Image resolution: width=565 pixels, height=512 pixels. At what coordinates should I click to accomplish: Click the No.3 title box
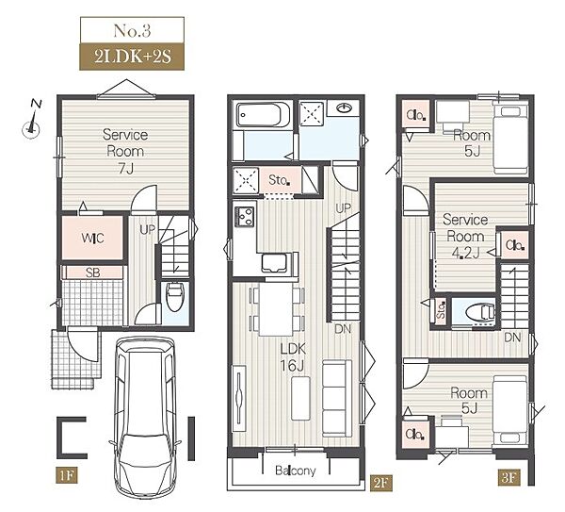tap(132, 30)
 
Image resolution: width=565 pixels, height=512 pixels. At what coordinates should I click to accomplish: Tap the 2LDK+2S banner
tap(132, 57)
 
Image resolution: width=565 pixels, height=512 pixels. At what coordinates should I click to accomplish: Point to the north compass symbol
tap(32, 120)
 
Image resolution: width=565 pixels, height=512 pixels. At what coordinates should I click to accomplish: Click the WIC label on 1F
tap(92, 239)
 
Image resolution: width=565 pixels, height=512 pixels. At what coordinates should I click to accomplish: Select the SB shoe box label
tap(92, 273)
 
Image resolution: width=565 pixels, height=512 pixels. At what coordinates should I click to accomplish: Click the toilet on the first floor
tap(175, 296)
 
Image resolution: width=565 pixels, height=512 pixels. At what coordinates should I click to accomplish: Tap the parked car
tap(146, 418)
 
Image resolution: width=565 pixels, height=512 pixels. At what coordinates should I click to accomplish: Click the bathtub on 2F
tap(263, 115)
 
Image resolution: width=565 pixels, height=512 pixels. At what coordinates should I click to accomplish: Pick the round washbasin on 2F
tap(345, 107)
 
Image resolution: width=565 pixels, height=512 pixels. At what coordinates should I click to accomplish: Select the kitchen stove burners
tap(245, 215)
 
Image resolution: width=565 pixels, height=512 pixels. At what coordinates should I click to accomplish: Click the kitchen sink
tap(275, 263)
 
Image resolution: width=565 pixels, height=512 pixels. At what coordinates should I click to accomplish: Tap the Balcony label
tap(295, 471)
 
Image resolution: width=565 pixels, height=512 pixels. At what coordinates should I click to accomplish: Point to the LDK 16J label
tap(293, 357)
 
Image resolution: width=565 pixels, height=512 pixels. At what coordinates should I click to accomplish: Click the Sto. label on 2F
tap(280, 180)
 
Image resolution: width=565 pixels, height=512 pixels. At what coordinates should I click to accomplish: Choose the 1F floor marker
tap(67, 475)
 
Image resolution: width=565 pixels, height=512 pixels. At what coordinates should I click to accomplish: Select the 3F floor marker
tap(509, 477)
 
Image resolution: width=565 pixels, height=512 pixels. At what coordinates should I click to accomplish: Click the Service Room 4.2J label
tap(465, 237)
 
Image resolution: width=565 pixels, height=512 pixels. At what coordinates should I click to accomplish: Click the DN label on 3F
tap(512, 338)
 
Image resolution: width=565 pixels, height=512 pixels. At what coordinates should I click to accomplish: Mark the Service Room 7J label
tap(125, 151)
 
